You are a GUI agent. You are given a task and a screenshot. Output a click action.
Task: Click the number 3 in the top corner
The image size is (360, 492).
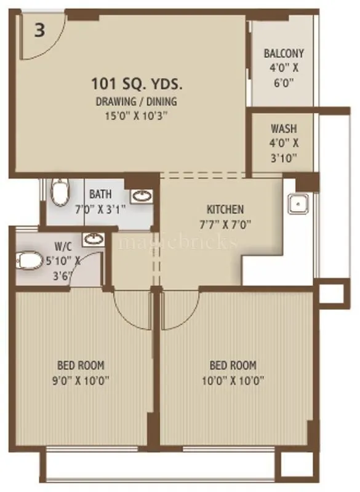(x=39, y=31)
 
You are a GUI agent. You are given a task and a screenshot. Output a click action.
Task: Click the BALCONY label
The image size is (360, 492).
(x=284, y=53)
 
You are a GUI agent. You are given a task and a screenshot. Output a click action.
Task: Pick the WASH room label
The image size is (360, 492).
(x=284, y=129)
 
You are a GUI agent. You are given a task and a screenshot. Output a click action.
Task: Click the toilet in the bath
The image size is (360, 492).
(x=59, y=192)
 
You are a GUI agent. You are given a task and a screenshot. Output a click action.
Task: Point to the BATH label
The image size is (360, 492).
(x=100, y=195)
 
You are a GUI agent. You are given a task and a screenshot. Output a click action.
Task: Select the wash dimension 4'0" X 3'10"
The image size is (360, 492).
(x=284, y=151)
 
